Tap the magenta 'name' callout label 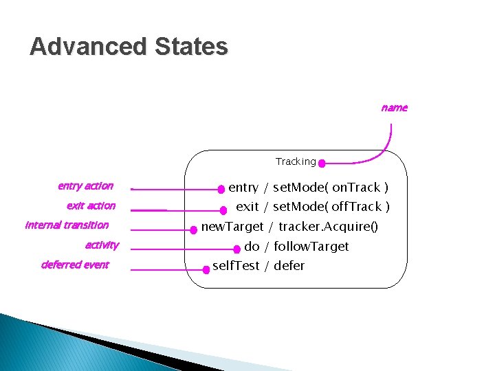tap(394, 107)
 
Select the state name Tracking tap(296, 162)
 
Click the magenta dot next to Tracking tap(322, 164)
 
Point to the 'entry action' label tap(85, 185)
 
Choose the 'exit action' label tap(91, 205)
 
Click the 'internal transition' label tap(67, 225)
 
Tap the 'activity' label tap(102, 245)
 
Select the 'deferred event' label tap(75, 265)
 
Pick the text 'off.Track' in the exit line tap(357, 207)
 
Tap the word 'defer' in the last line tap(289, 266)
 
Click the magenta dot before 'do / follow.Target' tap(237, 249)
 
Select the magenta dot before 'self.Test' tap(206, 269)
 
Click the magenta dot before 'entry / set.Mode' tap(221, 189)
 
